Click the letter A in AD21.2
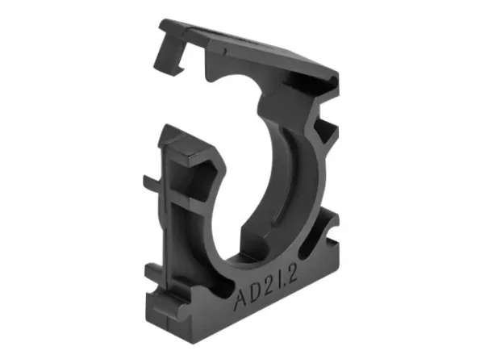coord(241,300)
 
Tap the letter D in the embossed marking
coord(257,296)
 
